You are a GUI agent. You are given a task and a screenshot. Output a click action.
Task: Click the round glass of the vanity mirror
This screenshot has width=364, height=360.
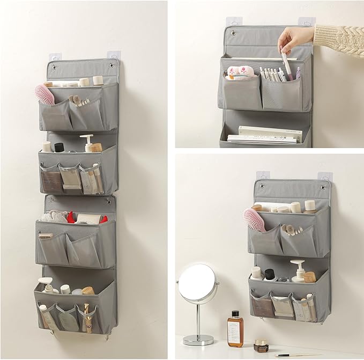[197, 283]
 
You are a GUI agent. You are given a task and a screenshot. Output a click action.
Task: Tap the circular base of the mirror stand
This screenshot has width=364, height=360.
[198, 339]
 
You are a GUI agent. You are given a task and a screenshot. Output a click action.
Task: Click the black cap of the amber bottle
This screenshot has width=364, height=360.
[234, 313]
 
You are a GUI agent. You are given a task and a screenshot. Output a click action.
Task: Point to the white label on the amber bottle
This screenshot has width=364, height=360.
[234, 328]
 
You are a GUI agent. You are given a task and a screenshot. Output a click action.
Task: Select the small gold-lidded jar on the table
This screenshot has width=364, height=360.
[261, 344]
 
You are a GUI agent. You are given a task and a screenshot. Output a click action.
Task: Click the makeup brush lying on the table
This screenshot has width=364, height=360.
[293, 354]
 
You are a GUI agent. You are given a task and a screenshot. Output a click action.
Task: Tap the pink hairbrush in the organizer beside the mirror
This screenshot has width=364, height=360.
[254, 219]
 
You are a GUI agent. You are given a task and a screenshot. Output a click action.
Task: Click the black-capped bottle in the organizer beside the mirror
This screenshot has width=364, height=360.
[268, 275]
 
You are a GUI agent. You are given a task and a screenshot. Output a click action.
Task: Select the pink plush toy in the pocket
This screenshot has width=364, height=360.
[242, 72]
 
